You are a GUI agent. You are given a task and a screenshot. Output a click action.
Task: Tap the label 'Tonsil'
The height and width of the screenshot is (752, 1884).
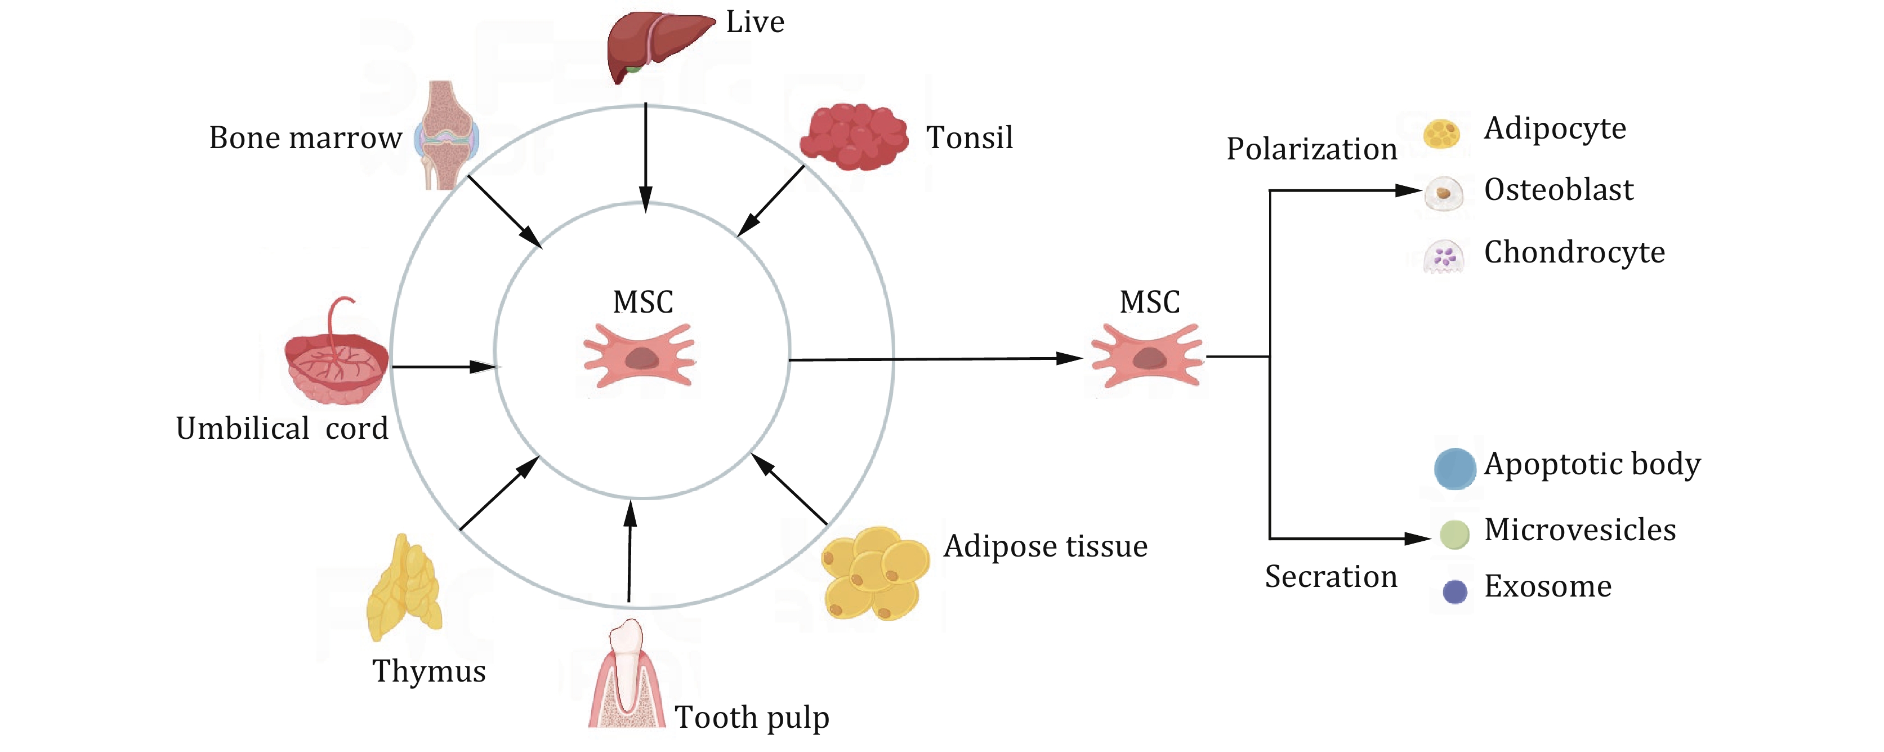click(x=969, y=137)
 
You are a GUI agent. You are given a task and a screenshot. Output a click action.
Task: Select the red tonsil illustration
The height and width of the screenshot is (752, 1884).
click(x=854, y=137)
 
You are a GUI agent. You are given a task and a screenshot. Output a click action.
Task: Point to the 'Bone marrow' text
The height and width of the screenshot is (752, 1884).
click(x=305, y=137)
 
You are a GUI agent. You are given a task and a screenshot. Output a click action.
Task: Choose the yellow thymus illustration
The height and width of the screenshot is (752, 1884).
click(x=404, y=589)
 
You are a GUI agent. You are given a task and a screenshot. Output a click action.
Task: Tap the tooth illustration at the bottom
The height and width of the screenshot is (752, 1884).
click(x=627, y=677)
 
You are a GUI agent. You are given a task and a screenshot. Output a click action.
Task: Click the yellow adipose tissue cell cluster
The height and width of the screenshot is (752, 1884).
click(x=876, y=574)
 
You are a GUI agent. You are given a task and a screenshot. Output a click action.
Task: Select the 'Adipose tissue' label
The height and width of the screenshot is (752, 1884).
click(x=1045, y=546)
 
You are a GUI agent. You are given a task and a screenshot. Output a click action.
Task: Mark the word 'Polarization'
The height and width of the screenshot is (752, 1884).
click(x=1311, y=149)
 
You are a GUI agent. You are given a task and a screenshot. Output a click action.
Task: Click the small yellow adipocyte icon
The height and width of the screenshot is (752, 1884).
click(x=1441, y=135)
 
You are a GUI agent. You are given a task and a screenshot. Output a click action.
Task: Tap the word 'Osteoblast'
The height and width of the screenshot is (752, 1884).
click(x=1559, y=190)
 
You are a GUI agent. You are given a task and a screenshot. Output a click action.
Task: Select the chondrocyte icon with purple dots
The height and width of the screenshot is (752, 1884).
click(x=1444, y=256)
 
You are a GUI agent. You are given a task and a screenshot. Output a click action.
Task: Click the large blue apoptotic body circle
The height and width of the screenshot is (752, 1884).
click(x=1455, y=469)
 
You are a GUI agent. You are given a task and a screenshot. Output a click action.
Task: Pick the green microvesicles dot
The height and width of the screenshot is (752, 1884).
click(x=1454, y=535)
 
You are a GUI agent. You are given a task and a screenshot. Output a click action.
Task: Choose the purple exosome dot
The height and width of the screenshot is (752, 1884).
click(x=1455, y=591)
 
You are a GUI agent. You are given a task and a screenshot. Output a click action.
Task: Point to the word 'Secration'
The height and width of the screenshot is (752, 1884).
click(x=1331, y=577)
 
